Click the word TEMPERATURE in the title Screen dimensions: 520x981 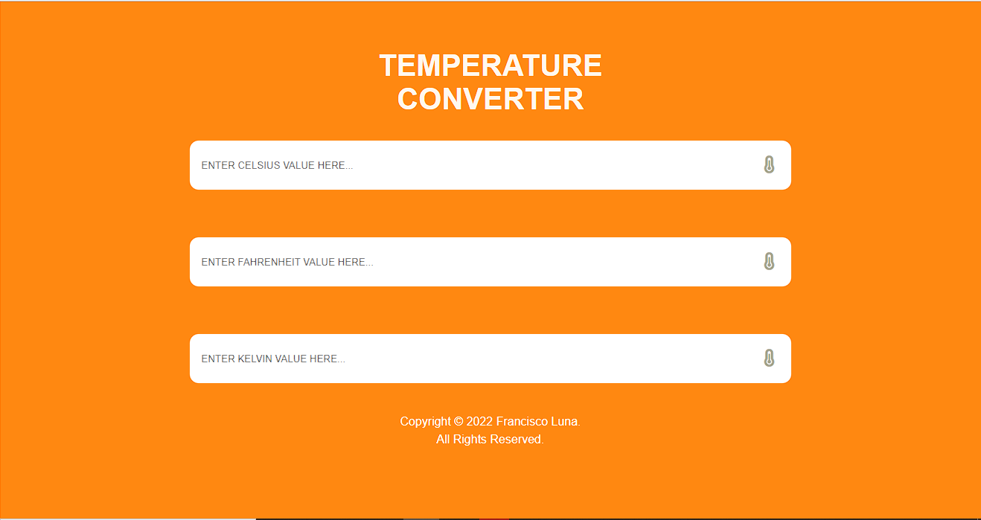[x=490, y=65]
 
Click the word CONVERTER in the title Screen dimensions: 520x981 [x=490, y=99]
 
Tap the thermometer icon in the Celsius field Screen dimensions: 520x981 [x=769, y=165]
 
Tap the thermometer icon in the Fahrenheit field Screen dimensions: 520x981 [x=769, y=262]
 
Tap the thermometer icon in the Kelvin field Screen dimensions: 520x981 [x=769, y=359]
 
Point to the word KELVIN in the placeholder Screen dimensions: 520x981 [x=255, y=359]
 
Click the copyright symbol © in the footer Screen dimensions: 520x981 [x=458, y=422]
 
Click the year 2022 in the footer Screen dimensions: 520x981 [x=479, y=422]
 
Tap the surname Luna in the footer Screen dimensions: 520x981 [x=564, y=422]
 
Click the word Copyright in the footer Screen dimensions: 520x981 [x=425, y=422]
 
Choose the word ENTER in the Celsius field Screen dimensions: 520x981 [x=218, y=165]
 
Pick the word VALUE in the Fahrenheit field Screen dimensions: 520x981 [x=319, y=262]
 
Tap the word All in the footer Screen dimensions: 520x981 [x=443, y=440]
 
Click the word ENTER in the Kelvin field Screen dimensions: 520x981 [x=218, y=359]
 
